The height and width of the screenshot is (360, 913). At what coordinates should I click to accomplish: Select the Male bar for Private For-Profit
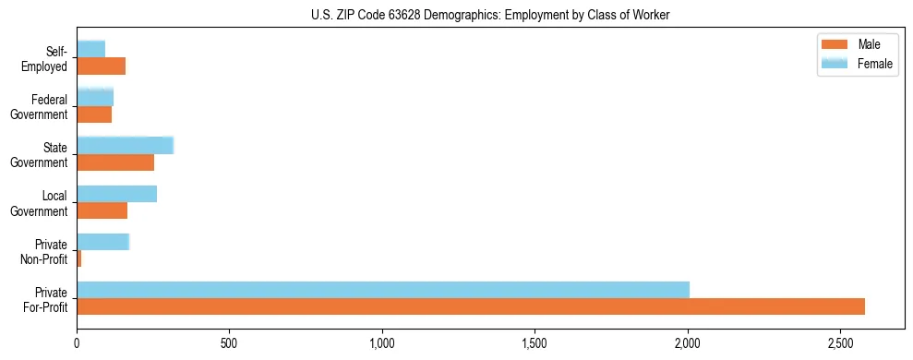pos(471,306)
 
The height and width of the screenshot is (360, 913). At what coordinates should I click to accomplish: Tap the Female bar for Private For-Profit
pos(383,290)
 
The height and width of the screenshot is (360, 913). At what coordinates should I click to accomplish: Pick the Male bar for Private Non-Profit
pos(79,258)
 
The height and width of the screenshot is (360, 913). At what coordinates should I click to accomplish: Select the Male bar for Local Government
pos(102,210)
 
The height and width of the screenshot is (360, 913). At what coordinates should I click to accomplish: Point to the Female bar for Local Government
pos(116,194)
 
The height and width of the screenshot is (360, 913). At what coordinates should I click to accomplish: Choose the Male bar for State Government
pos(115,162)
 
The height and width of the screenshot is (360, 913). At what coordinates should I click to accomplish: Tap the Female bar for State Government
pos(125,146)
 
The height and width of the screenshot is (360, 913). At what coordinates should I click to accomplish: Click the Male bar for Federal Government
pos(94,114)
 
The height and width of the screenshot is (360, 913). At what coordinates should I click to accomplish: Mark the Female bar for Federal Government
pos(95,98)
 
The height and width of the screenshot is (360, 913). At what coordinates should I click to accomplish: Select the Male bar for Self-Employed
pos(101,66)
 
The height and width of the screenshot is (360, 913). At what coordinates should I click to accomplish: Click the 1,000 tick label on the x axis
pos(382,343)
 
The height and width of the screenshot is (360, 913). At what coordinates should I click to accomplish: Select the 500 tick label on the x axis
pos(230,343)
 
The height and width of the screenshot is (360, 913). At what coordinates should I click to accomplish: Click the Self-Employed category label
pos(45,58)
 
